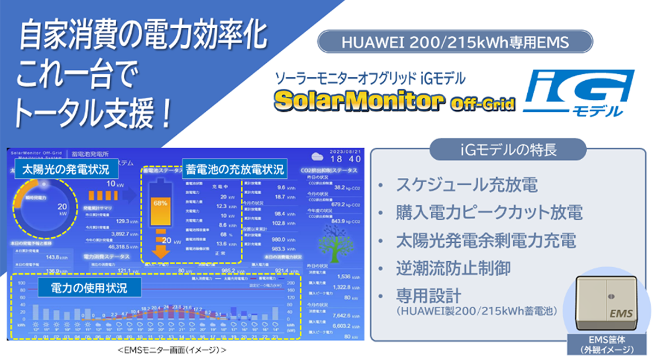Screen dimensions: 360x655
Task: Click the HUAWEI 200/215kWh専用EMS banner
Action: pos(455,41)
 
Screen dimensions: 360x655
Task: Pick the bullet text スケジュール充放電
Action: pos(467,185)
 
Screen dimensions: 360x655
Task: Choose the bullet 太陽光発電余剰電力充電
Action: pos(486,239)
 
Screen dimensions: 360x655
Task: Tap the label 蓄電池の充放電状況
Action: pos(235,169)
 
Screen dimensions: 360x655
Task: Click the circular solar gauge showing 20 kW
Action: pos(44,207)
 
